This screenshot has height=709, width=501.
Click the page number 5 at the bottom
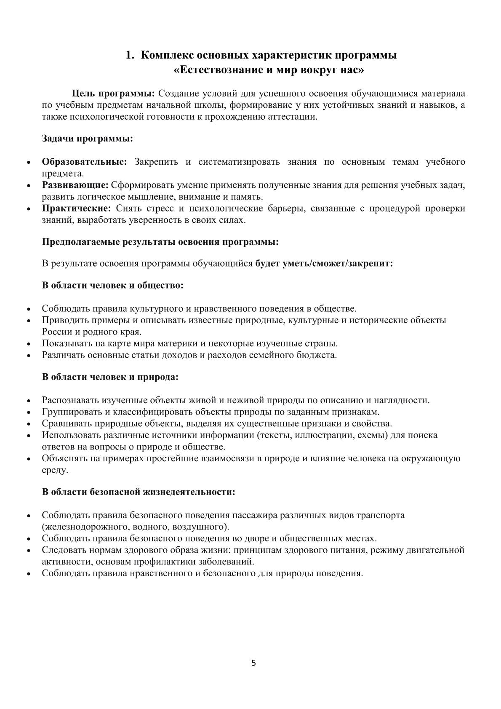[x=253, y=664]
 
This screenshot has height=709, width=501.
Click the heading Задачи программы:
[x=88, y=138]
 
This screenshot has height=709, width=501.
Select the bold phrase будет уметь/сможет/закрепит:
[x=324, y=263]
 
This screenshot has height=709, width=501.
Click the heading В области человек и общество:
[x=112, y=285]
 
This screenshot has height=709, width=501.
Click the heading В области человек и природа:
[x=110, y=377]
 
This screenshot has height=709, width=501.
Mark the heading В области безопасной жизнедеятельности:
[x=139, y=492]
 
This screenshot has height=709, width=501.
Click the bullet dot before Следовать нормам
[x=29, y=551]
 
